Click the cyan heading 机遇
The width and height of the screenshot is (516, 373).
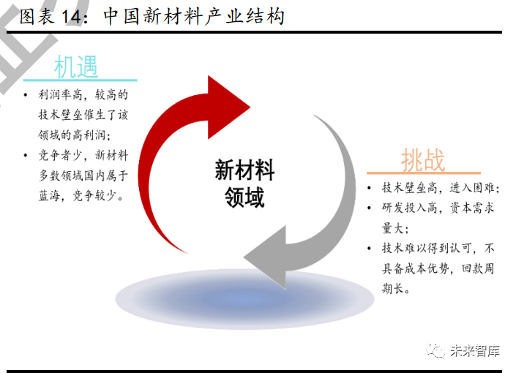pyautogui.click(x=76, y=67)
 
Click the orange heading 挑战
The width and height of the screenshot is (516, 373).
pyautogui.click(x=423, y=160)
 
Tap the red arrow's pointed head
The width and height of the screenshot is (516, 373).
pyautogui.click(x=250, y=107)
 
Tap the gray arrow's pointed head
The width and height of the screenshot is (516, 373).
pyautogui.click(x=244, y=257)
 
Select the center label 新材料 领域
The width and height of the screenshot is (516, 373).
pyautogui.click(x=244, y=184)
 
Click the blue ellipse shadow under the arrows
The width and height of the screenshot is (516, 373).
pyautogui.click(x=244, y=299)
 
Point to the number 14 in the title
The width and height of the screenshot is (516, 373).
pyautogui.click(x=71, y=17)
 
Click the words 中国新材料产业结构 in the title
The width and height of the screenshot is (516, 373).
pyautogui.click(x=194, y=16)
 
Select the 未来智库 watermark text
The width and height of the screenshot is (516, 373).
pyautogui.click(x=475, y=351)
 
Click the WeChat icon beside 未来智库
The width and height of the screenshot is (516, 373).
pyautogui.click(x=435, y=350)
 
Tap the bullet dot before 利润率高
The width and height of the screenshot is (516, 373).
pyautogui.click(x=26, y=95)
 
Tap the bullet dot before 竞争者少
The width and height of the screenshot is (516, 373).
pyautogui.click(x=26, y=155)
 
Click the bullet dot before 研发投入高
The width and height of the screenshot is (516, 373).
pyautogui.click(x=369, y=208)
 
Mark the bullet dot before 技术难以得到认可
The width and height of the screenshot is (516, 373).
pyautogui.click(x=369, y=249)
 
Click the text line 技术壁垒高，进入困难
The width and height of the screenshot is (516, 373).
pyautogui.click(x=441, y=188)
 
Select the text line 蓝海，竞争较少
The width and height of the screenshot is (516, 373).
pyautogui.click(x=81, y=195)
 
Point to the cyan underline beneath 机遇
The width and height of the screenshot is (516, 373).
pyautogui.click(x=80, y=80)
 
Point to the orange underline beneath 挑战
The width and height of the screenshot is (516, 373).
pyautogui.click(x=424, y=173)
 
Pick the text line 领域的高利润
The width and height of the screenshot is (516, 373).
pyautogui.click(x=75, y=135)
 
